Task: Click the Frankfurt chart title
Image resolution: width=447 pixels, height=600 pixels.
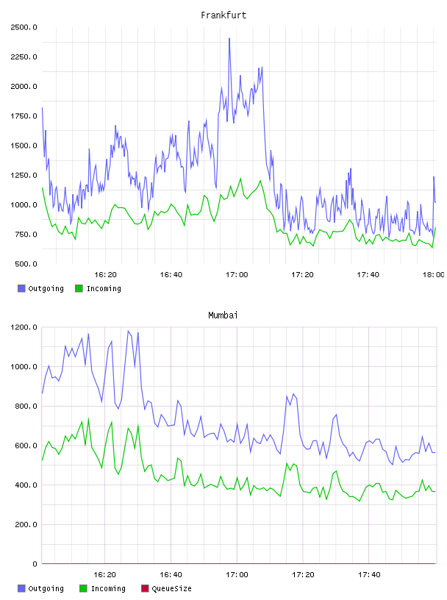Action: click(x=223, y=15)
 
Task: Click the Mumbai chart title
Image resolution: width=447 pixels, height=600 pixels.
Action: click(x=223, y=315)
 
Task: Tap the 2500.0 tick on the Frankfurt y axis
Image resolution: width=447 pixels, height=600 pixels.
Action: click(x=24, y=27)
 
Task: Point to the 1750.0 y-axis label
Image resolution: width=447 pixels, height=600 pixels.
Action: click(x=24, y=116)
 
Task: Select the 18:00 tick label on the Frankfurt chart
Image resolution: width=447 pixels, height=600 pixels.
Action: click(x=434, y=275)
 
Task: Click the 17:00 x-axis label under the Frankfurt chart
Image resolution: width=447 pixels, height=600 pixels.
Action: click(x=237, y=275)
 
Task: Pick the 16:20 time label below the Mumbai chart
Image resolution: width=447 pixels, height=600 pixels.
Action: click(x=105, y=575)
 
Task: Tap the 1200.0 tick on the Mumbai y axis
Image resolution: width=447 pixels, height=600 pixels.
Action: click(x=24, y=327)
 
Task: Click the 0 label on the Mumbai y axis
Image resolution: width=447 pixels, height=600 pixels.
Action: click(x=35, y=564)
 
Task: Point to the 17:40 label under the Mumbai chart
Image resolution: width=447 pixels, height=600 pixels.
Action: click(x=369, y=575)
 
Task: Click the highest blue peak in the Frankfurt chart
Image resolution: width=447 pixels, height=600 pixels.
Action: click(x=229, y=38)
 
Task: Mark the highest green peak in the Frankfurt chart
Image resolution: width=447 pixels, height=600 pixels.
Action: click(x=240, y=179)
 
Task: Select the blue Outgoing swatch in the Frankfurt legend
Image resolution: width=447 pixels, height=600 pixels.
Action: click(x=21, y=288)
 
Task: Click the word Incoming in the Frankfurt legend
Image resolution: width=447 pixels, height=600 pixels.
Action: click(x=104, y=289)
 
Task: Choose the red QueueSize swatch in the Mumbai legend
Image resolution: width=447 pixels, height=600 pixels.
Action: click(x=145, y=588)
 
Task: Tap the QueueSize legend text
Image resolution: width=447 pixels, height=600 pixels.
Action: click(x=171, y=589)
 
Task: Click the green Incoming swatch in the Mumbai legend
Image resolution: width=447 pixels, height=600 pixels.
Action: click(x=83, y=588)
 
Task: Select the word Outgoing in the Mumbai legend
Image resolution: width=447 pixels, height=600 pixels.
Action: click(x=46, y=589)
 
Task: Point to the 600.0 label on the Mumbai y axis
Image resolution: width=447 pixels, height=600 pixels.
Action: click(x=26, y=446)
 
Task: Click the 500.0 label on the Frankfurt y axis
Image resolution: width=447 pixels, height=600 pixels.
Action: click(x=26, y=264)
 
